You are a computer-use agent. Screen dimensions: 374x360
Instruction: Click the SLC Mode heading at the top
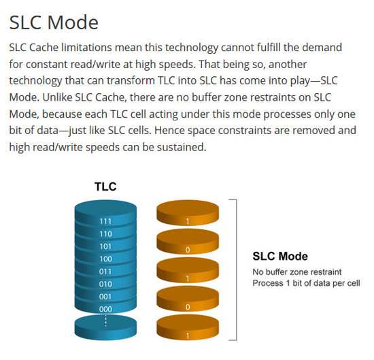pos(54,22)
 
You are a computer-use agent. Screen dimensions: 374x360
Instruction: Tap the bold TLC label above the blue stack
pos(105,186)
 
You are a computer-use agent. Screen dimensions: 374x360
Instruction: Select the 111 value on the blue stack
pos(105,221)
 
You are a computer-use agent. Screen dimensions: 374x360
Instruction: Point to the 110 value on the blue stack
pos(105,234)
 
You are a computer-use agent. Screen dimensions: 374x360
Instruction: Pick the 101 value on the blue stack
pos(105,246)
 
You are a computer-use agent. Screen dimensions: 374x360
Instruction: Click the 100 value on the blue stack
pos(105,259)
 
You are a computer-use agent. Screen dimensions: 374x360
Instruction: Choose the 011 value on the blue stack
pos(105,272)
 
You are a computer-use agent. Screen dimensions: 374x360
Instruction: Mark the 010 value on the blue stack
pos(105,284)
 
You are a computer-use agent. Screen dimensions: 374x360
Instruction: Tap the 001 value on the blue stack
pos(105,297)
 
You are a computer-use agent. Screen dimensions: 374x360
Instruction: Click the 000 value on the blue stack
pos(105,309)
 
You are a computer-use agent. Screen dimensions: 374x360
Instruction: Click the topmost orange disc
pos(188,213)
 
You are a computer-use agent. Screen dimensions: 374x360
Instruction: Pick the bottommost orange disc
pos(188,327)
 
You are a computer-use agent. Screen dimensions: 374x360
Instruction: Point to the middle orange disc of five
pos(188,270)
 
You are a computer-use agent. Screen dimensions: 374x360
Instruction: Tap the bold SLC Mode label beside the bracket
pos(280,257)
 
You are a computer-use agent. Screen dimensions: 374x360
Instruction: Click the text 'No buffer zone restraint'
pos(297,272)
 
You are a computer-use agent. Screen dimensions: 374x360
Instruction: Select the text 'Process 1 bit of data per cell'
pos(306,283)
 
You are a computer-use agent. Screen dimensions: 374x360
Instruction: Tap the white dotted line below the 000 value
pos(105,319)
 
